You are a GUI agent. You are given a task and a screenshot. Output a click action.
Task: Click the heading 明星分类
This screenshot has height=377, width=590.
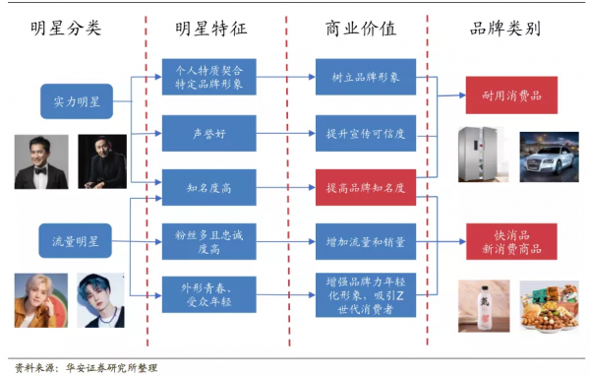click(65, 29)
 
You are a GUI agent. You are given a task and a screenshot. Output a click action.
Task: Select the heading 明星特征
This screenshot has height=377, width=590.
click(209, 29)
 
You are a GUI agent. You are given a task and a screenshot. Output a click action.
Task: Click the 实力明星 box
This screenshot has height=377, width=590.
click(76, 99)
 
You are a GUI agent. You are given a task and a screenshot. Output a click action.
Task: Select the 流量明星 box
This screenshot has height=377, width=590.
click(76, 238)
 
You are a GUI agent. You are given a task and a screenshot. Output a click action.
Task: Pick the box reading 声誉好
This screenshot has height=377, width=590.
click(208, 131)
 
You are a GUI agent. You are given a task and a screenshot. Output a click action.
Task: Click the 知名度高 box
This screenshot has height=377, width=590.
click(208, 184)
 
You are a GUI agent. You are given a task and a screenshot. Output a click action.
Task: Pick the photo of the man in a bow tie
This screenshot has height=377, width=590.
click(40, 161)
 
